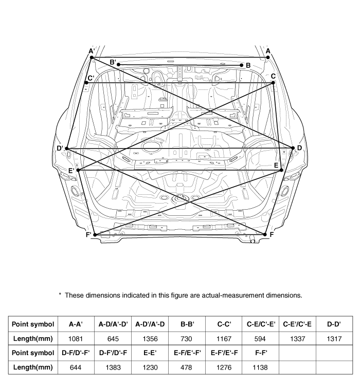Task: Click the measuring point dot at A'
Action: pyautogui.click(x=92, y=58)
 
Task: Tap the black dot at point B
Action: pyautogui.click(x=242, y=65)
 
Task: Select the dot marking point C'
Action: pyautogui.click(x=86, y=82)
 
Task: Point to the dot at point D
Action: pyautogui.click(x=293, y=148)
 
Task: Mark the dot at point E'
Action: pyautogui.click(x=78, y=170)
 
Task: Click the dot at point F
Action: pyautogui.click(x=265, y=234)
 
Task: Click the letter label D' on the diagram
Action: pyautogui.click(x=60, y=149)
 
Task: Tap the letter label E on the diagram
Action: pyautogui.click(x=276, y=165)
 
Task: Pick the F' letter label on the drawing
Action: pyautogui.click(x=88, y=235)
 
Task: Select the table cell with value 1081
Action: pyautogui.click(x=76, y=339)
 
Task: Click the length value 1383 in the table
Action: pyautogui.click(x=113, y=367)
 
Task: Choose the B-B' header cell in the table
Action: pyautogui.click(x=187, y=324)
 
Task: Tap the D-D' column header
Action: pyautogui.click(x=334, y=324)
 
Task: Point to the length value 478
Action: pyautogui.click(x=186, y=367)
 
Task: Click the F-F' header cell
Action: pyautogui.click(x=261, y=353)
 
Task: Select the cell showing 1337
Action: pyautogui.click(x=298, y=339)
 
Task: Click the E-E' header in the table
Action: pyautogui.click(x=150, y=353)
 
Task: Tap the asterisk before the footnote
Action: pyautogui.click(x=60, y=294)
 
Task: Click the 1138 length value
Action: pyautogui.click(x=260, y=367)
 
